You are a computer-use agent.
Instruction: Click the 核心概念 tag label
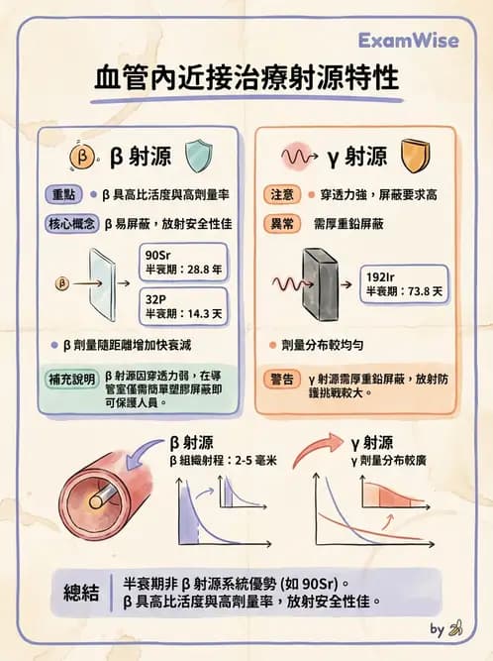click(72, 224)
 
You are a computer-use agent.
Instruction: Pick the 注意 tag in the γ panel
click(280, 195)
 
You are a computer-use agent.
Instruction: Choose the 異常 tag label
click(280, 224)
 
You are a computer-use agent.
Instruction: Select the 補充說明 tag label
click(72, 380)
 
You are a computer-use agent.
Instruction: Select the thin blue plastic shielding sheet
click(102, 282)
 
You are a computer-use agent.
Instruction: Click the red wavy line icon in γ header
click(297, 156)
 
